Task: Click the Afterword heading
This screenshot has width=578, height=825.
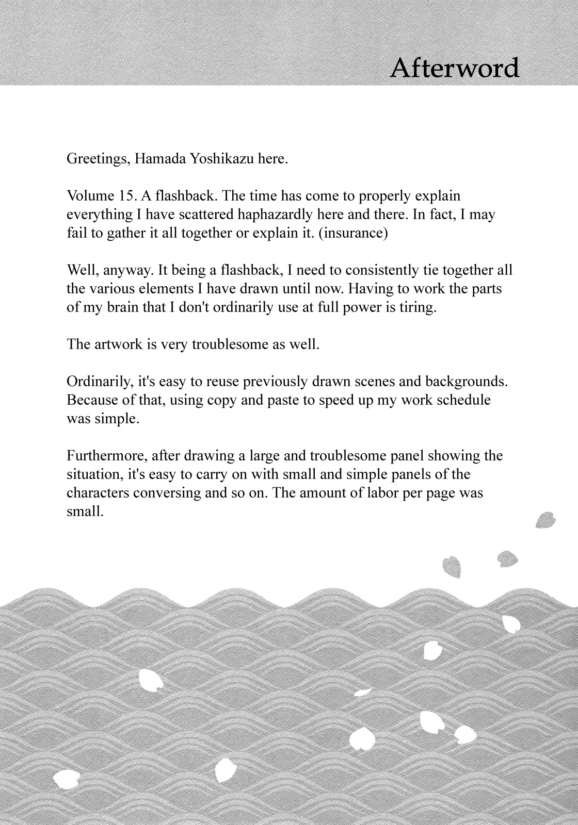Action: coord(455,68)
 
